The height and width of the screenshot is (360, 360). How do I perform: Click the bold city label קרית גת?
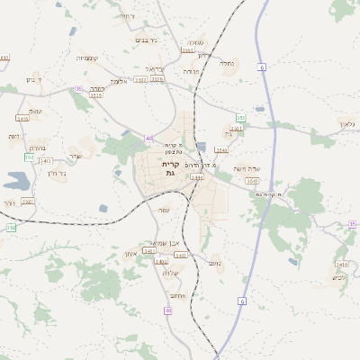coord(170,169)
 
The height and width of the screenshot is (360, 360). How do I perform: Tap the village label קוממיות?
coord(87,58)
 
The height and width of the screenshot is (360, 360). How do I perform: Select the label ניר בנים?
coord(145,40)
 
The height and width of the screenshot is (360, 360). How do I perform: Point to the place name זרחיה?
coord(155,68)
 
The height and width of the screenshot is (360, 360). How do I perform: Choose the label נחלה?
coord(226,63)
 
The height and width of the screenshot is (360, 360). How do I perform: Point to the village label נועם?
coord(213,263)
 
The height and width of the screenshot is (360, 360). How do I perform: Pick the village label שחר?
coord(74,156)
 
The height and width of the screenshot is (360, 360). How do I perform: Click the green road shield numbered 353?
coord(240,118)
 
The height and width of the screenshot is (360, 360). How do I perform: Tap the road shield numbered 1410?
coord(340,264)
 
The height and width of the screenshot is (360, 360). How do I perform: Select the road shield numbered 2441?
coord(197,177)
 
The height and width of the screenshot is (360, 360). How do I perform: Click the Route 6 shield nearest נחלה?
coord(261,67)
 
